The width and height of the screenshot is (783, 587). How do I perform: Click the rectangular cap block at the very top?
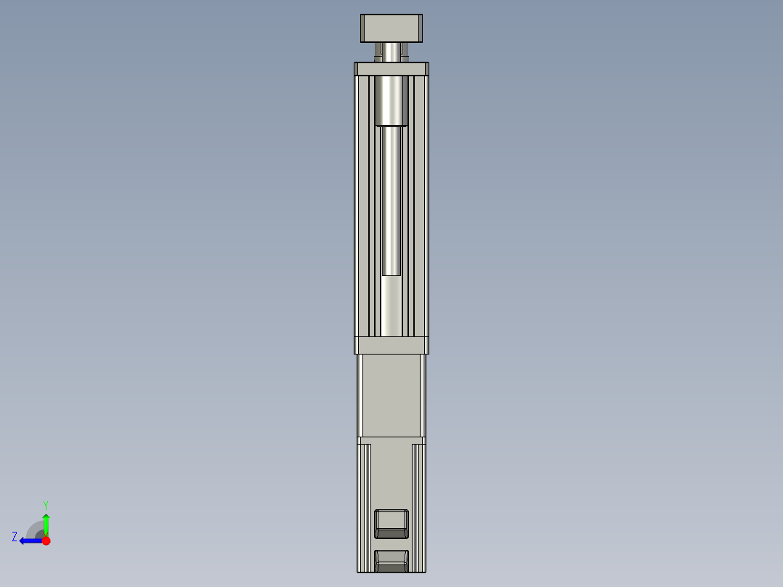(x=391, y=28)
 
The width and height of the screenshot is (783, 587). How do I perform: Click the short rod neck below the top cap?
(x=391, y=52)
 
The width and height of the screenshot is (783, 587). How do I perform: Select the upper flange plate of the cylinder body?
(x=391, y=69)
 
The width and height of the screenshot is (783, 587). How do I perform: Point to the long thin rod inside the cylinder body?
(x=391, y=203)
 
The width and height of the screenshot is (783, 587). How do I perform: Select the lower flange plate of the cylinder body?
(x=391, y=345)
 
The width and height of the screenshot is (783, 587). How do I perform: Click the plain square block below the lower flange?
(x=391, y=396)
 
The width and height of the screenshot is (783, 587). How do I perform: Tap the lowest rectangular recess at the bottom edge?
(x=391, y=560)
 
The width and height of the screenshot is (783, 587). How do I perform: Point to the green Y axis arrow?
(x=46, y=523)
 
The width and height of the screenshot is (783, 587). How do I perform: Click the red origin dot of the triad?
(x=46, y=541)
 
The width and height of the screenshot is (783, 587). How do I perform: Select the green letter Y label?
(x=45, y=504)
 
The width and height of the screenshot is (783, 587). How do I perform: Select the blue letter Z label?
(x=15, y=537)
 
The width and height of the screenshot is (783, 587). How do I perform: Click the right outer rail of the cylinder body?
(x=421, y=207)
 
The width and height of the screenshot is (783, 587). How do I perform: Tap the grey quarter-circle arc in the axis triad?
(x=34, y=529)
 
